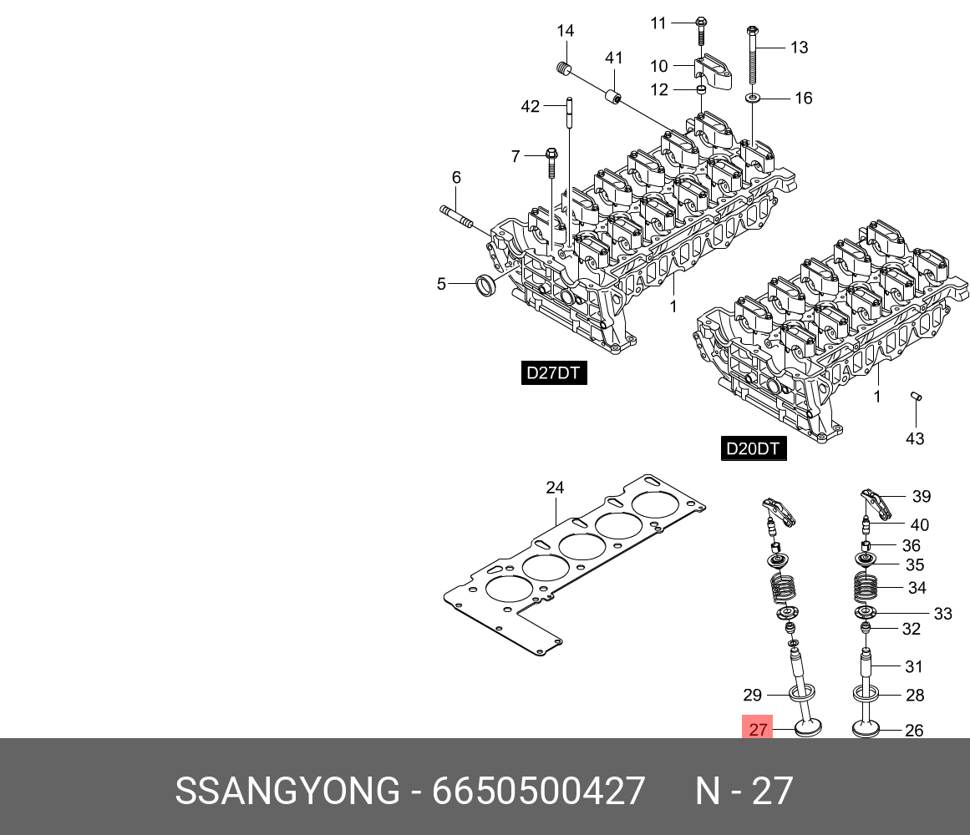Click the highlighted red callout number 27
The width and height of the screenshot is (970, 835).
click(757, 729)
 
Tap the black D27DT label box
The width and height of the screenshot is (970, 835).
click(553, 372)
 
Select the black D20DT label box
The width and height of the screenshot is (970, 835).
click(752, 449)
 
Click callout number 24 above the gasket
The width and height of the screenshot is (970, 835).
click(555, 488)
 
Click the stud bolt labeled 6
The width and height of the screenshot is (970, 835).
click(456, 218)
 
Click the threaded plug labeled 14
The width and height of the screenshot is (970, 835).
click(563, 68)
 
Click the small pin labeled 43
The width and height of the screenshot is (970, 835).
click(916, 397)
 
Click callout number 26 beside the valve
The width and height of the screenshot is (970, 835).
click(914, 730)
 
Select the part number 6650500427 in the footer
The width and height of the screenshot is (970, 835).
click(538, 790)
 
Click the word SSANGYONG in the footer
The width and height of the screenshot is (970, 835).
click(287, 790)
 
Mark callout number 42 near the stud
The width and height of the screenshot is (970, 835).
click(531, 106)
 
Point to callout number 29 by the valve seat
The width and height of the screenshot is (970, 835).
click(752, 694)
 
